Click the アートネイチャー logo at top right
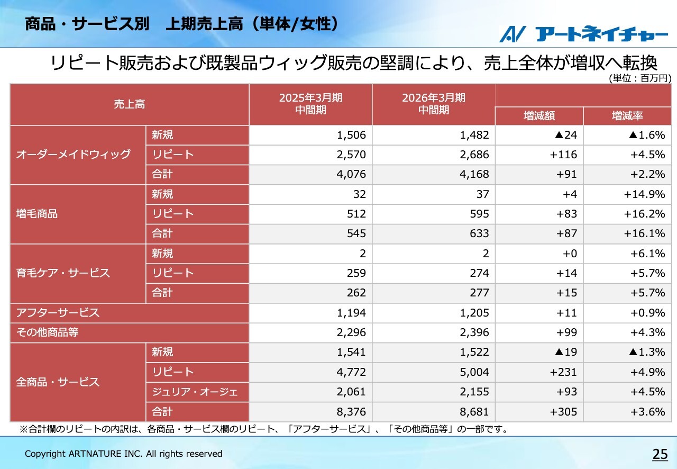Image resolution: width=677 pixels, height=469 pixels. pos(584,34)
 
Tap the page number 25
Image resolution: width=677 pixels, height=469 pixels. pos(660,454)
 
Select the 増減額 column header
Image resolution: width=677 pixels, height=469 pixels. pos(539,116)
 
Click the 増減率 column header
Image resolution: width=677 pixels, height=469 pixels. pos(627,116)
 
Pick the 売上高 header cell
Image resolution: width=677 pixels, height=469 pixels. pos(130,104)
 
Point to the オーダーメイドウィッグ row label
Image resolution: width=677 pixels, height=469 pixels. pos(74,155)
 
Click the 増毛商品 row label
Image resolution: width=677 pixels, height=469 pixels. pos(37,214)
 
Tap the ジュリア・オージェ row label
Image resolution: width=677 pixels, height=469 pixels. pos(195,392)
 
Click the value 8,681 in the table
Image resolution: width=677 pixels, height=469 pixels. pos(474,412)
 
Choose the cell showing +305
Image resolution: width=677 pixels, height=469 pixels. pos(563,412)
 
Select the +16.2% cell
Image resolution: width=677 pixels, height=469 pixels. pos(644,214)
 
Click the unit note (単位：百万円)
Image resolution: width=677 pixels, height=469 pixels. pos(639,78)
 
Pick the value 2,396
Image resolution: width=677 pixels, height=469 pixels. pos(474,332)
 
